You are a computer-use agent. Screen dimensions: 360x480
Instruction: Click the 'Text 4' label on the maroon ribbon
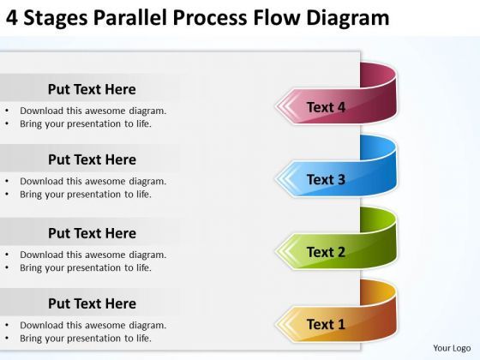click(326, 107)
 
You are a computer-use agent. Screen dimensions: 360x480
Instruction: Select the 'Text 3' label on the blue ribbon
click(326, 179)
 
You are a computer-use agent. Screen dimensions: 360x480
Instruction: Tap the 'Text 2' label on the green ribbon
click(326, 252)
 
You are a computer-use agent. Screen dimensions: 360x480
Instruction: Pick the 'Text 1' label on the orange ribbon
click(326, 324)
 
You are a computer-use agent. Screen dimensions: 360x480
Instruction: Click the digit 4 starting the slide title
click(10, 17)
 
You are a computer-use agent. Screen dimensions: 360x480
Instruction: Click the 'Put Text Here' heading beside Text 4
click(92, 89)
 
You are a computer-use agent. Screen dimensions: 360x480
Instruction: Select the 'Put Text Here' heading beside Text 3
click(92, 159)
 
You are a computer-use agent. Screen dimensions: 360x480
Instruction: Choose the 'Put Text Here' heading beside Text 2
click(92, 233)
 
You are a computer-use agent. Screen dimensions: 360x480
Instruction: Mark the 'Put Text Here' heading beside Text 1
click(92, 303)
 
